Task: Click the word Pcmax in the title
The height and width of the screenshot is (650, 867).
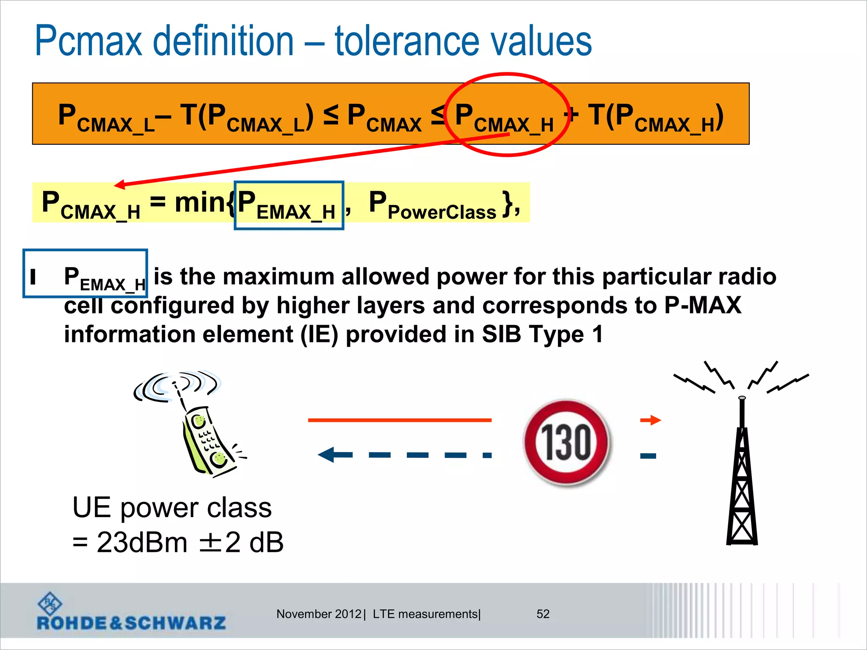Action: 88,41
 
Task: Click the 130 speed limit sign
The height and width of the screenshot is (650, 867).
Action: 566,442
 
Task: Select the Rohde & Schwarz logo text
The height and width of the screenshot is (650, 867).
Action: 131,622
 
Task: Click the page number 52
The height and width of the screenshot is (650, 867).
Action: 543,614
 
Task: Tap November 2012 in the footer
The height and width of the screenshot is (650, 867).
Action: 319,614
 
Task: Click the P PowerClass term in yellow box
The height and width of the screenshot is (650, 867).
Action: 432,205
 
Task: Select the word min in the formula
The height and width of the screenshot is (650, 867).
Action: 199,203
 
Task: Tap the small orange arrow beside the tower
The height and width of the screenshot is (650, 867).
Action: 651,420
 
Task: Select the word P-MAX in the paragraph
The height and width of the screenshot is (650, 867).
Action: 703,305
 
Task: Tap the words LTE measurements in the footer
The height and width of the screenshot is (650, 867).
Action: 425,614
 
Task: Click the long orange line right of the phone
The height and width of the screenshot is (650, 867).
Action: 400,420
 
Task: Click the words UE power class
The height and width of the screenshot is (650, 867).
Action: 172,507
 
